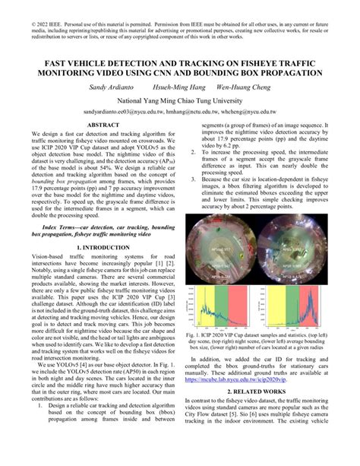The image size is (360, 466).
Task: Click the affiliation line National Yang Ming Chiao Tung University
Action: coord(180,100)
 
